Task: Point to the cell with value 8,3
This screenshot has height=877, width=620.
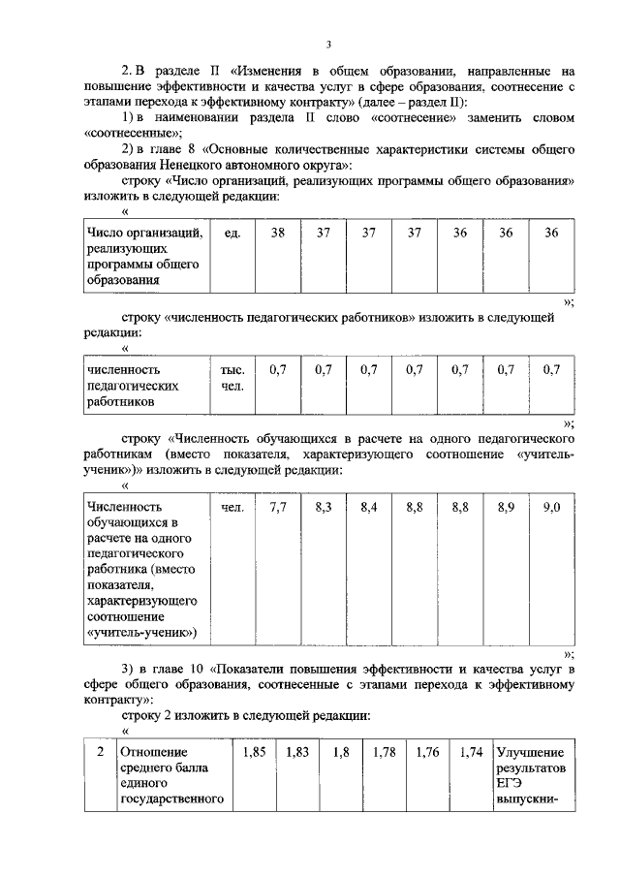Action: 324,506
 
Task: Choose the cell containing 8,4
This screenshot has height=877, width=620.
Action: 369,506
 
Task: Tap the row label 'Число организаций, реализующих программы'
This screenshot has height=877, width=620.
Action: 143,257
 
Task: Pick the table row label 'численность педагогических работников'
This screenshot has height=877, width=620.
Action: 134,385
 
